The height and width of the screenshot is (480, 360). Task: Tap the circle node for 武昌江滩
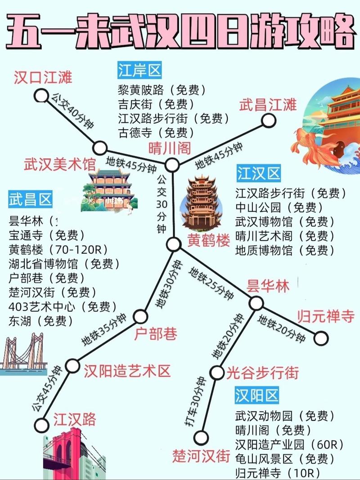(x=269, y=120)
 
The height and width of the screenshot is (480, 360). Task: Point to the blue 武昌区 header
(x=30, y=199)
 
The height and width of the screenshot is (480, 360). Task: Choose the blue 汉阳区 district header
(x=257, y=395)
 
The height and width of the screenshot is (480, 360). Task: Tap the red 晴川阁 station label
(x=170, y=148)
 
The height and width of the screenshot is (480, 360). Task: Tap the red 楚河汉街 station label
(x=201, y=456)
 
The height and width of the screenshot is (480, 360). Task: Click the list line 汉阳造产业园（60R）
(x=286, y=444)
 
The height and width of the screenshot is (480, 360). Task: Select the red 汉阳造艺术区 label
(x=127, y=371)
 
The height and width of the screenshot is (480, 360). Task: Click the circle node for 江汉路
(x=41, y=425)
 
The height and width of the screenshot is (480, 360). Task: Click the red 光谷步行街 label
(x=262, y=372)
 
